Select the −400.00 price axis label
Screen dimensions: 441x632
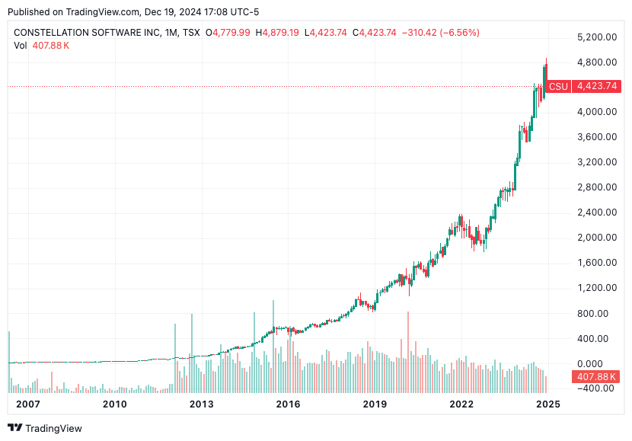coord(597,388)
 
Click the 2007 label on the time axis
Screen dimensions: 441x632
coord(27,404)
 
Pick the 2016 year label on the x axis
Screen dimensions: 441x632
coord(287,404)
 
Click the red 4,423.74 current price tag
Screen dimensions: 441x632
coord(597,87)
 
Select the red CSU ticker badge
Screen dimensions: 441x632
coord(558,87)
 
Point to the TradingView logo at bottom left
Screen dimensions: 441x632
coord(45,428)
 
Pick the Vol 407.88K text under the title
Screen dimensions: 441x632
coord(42,45)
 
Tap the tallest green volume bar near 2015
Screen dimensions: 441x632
coord(273,347)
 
